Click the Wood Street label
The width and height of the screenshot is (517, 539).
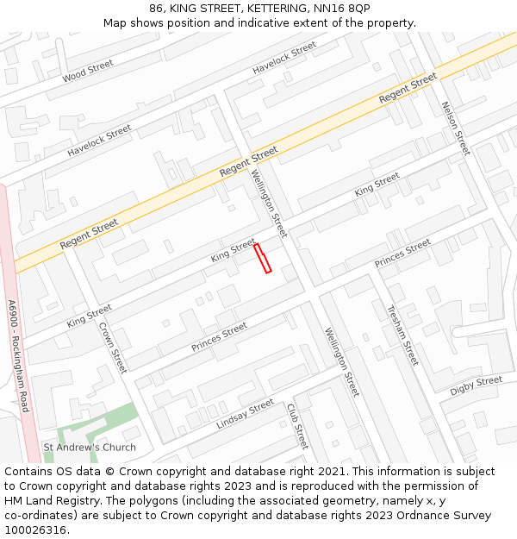tap(88, 72)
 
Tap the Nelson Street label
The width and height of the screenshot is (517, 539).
tap(456, 128)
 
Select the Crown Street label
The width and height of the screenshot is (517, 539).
tap(113, 348)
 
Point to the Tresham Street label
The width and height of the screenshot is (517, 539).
tap(402, 335)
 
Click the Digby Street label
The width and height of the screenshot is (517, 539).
tap(476, 385)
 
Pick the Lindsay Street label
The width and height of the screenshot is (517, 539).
tap(246, 415)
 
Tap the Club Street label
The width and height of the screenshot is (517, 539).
tap(297, 426)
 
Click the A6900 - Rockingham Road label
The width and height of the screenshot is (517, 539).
tap(18, 355)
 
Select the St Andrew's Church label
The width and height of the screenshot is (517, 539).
tap(90, 448)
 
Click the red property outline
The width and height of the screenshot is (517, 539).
tap(263, 259)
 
